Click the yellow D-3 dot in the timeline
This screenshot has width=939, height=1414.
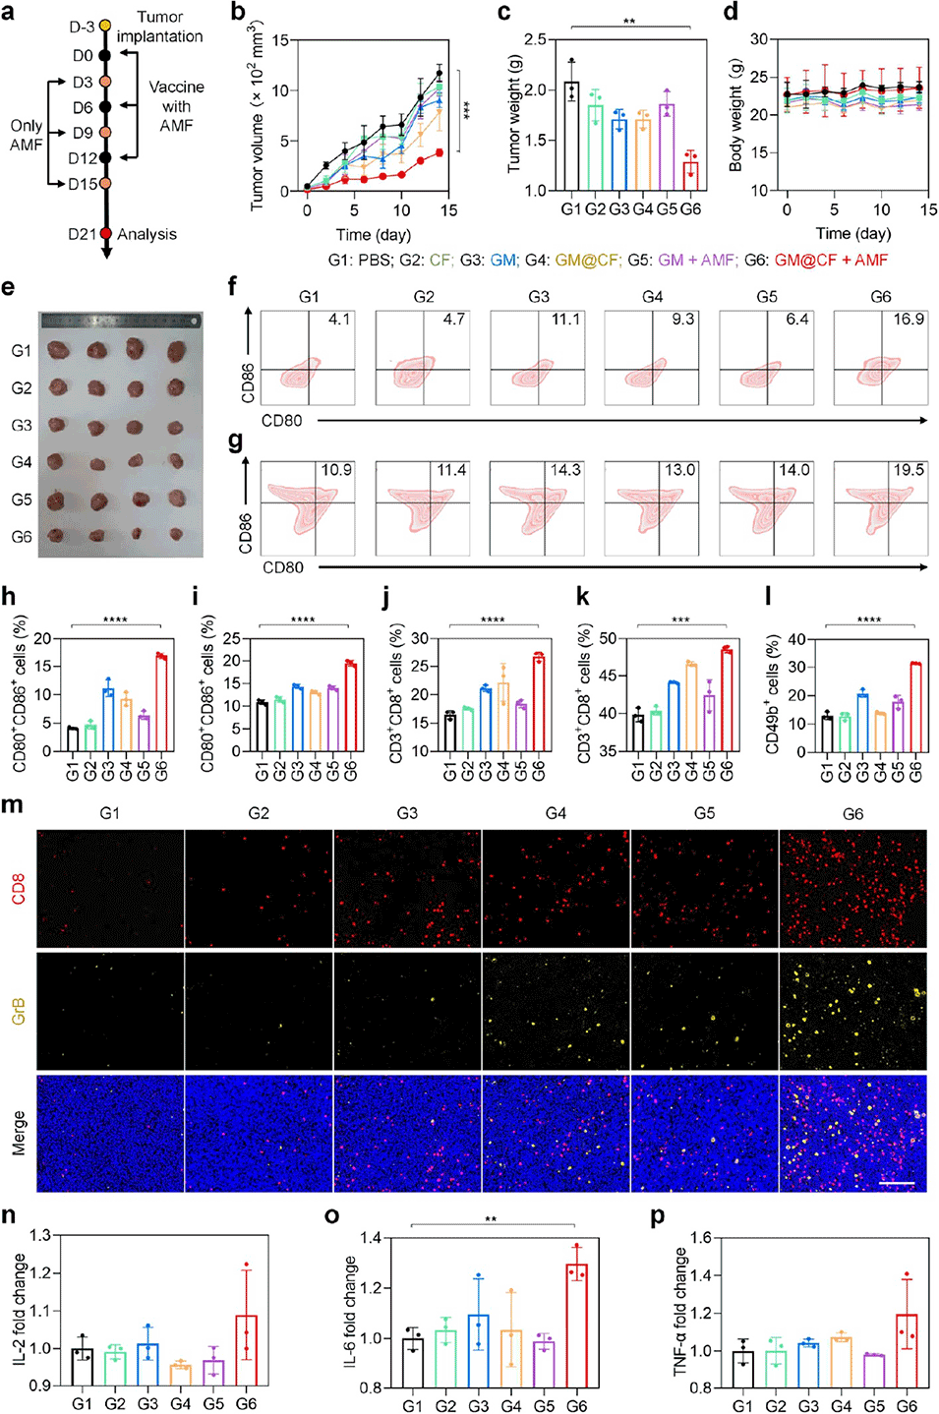coord(105,26)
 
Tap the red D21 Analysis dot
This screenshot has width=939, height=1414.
coord(106,234)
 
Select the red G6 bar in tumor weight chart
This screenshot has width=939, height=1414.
coord(690,175)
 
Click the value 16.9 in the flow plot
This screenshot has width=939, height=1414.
coord(908,320)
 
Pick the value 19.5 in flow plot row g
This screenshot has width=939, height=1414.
coord(908,470)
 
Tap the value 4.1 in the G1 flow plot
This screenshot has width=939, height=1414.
coord(338,320)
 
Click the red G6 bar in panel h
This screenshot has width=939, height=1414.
coord(161,703)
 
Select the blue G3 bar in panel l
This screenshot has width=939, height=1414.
coord(862,723)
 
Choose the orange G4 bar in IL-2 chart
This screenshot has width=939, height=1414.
coord(180,1374)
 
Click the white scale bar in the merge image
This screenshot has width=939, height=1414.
coord(897,1183)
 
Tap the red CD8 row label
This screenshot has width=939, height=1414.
coord(19,889)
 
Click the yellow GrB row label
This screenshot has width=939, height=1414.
coord(19,1011)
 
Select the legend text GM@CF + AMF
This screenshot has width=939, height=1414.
coord(831,260)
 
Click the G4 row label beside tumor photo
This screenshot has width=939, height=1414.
coord(22,462)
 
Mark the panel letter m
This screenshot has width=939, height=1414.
coord(13,804)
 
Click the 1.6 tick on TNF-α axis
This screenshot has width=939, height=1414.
coord(701,1237)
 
